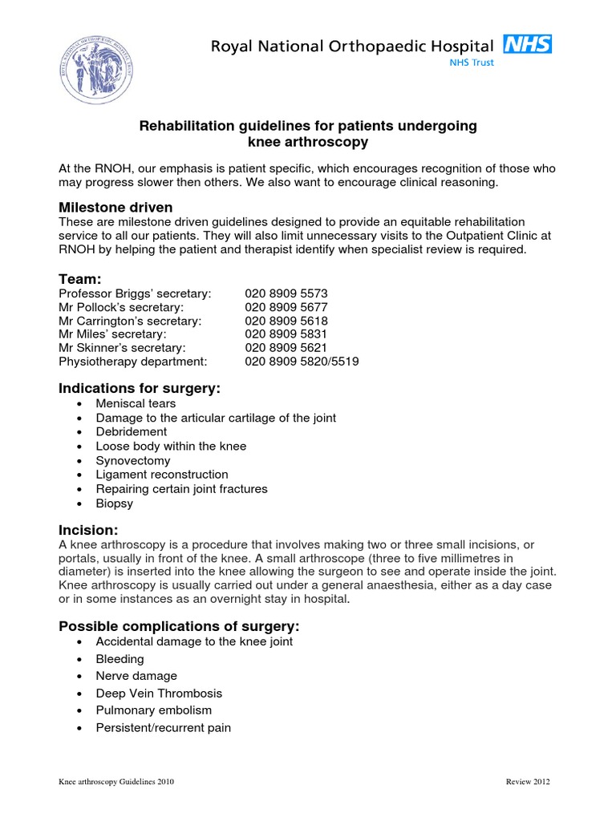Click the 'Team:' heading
pos(80,278)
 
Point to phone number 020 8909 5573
pos(286,293)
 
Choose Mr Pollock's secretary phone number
pos(286,307)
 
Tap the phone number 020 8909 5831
pos(286,334)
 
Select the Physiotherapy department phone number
pos(302,362)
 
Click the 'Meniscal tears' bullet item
pos(136,404)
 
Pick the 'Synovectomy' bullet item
pos(133,460)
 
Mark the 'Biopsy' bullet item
pos(115,504)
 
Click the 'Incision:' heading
pos(89,530)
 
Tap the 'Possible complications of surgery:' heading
pos(178,625)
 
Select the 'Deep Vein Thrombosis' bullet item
pos(159,693)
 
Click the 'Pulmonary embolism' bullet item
pos(153,710)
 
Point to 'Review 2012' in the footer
pos(528,782)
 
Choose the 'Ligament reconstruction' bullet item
pos(162,475)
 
